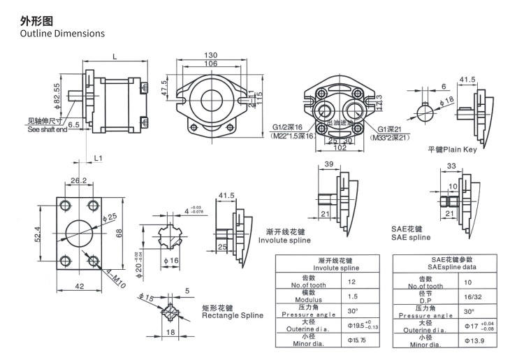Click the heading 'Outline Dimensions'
pos(62,33)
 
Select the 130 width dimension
pos(210,56)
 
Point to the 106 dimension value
pos(210,64)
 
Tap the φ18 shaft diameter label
pos(446,101)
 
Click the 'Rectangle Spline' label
pos(233,315)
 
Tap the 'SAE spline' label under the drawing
pos(411,237)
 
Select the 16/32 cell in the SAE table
pos(472,296)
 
